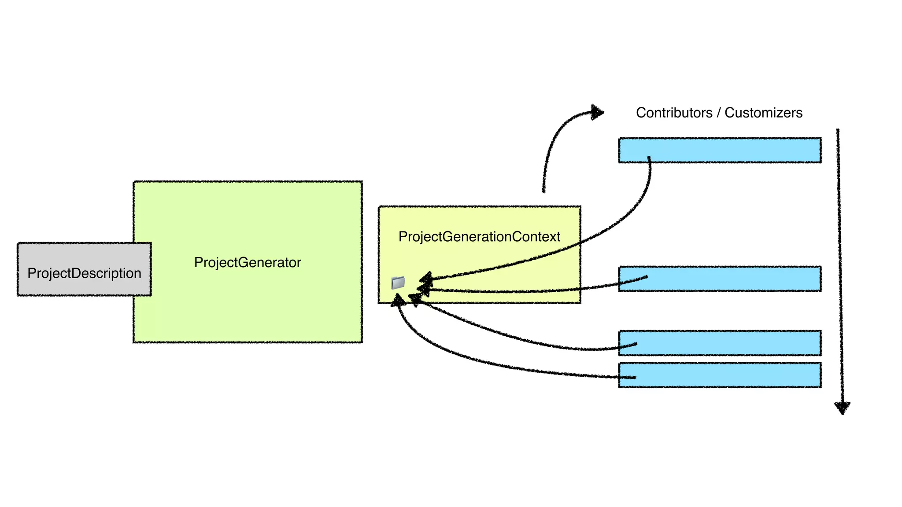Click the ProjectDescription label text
pos(84,273)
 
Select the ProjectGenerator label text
pos(248,263)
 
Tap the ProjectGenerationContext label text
pos(479,237)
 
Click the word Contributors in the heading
pos(674,113)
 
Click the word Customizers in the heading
pos(763,113)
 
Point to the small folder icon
pos(398,283)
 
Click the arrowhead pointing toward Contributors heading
pos(597,113)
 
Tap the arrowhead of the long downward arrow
pos(842,408)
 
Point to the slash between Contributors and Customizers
pos(718,113)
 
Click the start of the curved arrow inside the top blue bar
pos(649,158)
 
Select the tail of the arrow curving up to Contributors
pos(544,191)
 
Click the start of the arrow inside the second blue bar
pos(646,277)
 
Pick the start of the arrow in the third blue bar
pos(636,344)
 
